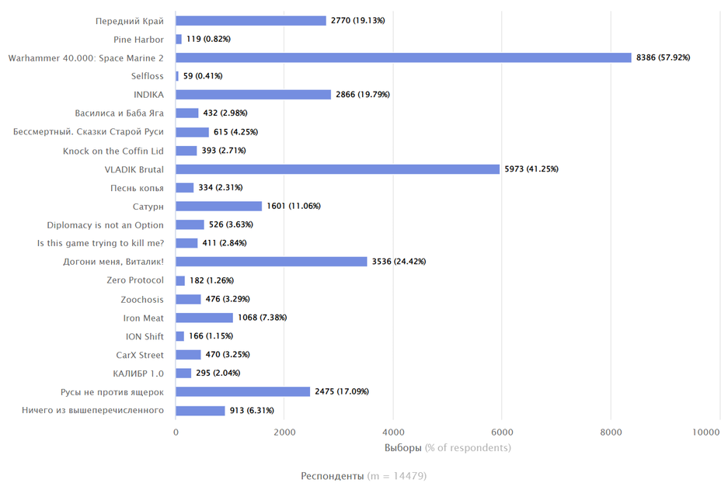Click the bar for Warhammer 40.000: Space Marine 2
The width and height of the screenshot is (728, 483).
[403, 57]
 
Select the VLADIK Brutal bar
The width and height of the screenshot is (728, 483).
[337, 169]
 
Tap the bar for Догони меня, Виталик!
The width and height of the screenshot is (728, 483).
[271, 262]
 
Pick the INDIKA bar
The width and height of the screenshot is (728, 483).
[253, 95]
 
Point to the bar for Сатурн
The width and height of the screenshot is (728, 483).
[218, 207]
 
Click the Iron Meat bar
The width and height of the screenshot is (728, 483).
[204, 318]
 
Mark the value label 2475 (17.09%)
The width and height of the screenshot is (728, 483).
[341, 392]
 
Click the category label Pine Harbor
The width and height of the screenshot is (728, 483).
[138, 39]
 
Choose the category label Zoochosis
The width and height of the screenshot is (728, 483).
[142, 299]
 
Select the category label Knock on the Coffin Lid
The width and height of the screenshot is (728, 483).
[113, 151]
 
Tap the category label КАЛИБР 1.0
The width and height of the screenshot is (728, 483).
[138, 374]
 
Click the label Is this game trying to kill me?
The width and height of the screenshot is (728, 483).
[101, 243]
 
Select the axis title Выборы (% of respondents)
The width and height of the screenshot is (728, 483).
[448, 448]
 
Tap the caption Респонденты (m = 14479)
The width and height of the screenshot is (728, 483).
[364, 475]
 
